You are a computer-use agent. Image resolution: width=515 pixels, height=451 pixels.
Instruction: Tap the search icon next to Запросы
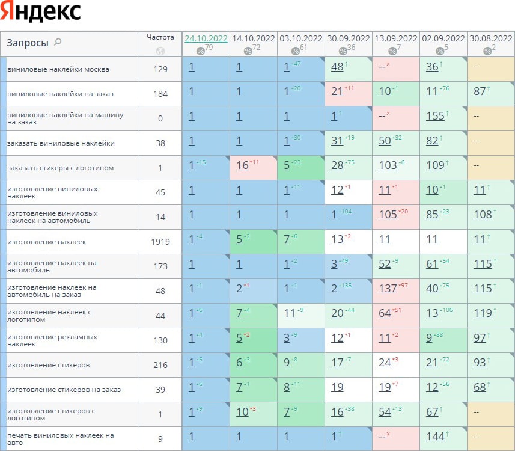pyautogui.click(x=58, y=42)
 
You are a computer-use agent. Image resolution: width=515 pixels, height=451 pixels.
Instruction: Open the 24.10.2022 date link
pyautogui.click(x=206, y=38)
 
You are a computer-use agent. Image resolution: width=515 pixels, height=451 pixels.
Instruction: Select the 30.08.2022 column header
pyautogui.click(x=491, y=38)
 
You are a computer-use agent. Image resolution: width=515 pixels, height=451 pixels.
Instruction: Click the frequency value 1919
pyautogui.click(x=160, y=242)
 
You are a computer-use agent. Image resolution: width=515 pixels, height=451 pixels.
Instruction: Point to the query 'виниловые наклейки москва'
pyautogui.click(x=58, y=69)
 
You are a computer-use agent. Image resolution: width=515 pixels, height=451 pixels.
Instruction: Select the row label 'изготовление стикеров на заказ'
pyautogui.click(x=62, y=390)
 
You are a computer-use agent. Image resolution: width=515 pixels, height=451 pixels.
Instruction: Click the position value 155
pyautogui.click(x=435, y=116)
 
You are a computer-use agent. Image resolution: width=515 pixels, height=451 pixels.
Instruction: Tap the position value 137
pyautogui.click(x=388, y=289)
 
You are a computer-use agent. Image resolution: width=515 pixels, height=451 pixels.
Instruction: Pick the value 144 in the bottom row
pyautogui.click(x=435, y=437)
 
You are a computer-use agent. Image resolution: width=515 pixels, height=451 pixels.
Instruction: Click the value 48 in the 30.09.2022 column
pyautogui.click(x=337, y=67)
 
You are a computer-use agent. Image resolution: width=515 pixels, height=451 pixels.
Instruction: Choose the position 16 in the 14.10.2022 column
pyautogui.click(x=242, y=165)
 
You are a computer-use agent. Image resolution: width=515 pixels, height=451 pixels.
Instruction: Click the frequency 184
pyautogui.click(x=160, y=94)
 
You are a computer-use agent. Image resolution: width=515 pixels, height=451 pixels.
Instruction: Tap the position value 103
pyautogui.click(x=388, y=165)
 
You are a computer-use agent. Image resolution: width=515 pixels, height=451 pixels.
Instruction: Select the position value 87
pyautogui.click(x=480, y=91)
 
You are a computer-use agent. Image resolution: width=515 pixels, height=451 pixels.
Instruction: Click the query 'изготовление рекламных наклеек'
pyautogui.click(x=52, y=340)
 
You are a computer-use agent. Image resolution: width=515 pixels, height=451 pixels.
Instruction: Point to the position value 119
pyautogui.click(x=482, y=313)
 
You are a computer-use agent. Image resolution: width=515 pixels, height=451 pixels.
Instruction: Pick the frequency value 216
pyautogui.click(x=160, y=365)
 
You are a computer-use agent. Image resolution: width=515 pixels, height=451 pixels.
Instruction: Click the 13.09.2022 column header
pyautogui.click(x=395, y=38)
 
